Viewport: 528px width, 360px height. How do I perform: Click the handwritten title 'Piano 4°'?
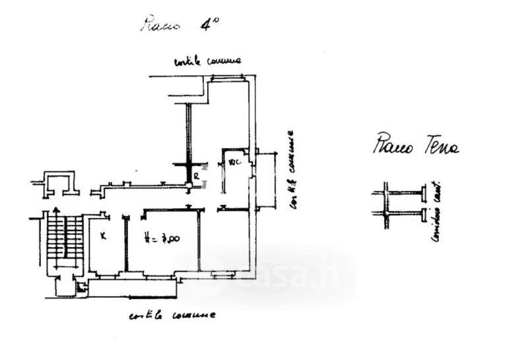(180, 24)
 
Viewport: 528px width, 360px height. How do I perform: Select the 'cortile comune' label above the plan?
(207, 61)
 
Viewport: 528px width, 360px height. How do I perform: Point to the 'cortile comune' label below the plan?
(172, 315)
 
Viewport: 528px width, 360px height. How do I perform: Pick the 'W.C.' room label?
(234, 161)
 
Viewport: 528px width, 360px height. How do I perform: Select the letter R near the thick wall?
(196, 176)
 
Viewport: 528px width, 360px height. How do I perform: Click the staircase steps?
(65, 238)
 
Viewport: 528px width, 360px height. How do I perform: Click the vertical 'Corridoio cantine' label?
(435, 211)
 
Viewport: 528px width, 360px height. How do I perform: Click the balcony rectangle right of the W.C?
(266, 180)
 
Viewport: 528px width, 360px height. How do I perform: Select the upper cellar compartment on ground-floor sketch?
(403, 193)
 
